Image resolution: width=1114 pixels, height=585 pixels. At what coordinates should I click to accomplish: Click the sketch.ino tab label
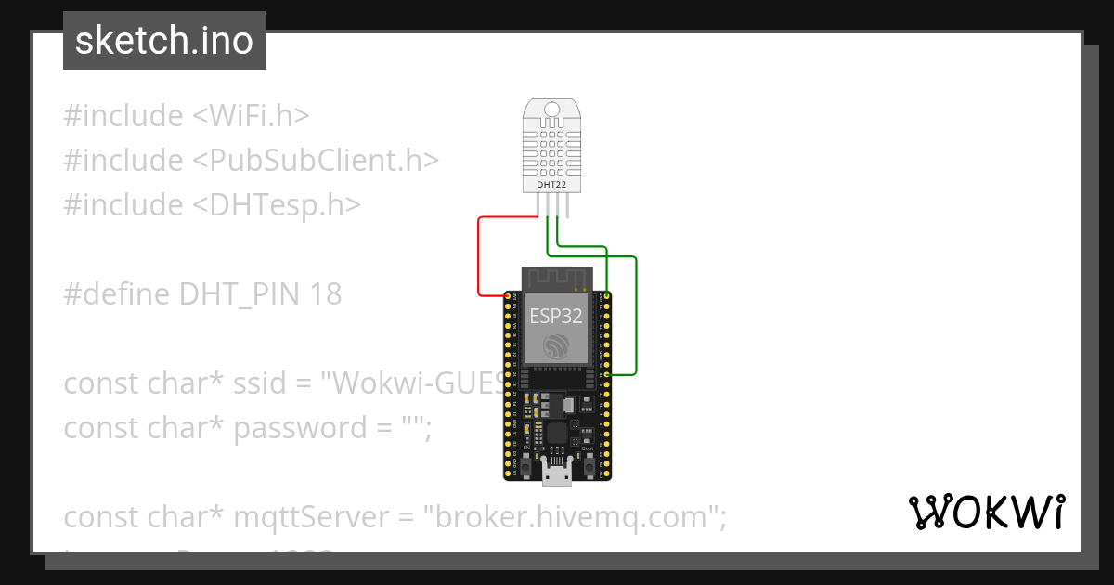tap(164, 41)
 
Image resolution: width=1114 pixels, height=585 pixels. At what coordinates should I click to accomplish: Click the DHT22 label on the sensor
tap(552, 185)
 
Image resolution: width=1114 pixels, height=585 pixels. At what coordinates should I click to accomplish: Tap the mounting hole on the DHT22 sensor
tap(552, 110)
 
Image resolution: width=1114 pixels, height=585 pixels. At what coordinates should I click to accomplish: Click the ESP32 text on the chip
tap(556, 316)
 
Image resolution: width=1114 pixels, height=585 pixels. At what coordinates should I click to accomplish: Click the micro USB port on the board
tap(557, 474)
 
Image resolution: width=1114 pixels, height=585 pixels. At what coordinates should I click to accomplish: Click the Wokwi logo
tap(986, 513)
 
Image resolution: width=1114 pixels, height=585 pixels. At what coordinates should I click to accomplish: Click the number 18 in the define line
tap(326, 294)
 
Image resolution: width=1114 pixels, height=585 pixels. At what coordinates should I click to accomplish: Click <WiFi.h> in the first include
tap(251, 116)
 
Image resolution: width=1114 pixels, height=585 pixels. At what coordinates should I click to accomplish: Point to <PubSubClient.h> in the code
tap(316, 161)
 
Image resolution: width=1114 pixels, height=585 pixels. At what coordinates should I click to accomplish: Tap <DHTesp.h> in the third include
tap(277, 205)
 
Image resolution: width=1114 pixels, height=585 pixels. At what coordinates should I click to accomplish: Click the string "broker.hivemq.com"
tap(575, 517)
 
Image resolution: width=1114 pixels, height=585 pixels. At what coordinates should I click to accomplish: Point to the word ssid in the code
tap(261, 383)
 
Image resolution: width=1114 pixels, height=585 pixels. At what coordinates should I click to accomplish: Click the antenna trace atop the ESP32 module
tap(556, 277)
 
